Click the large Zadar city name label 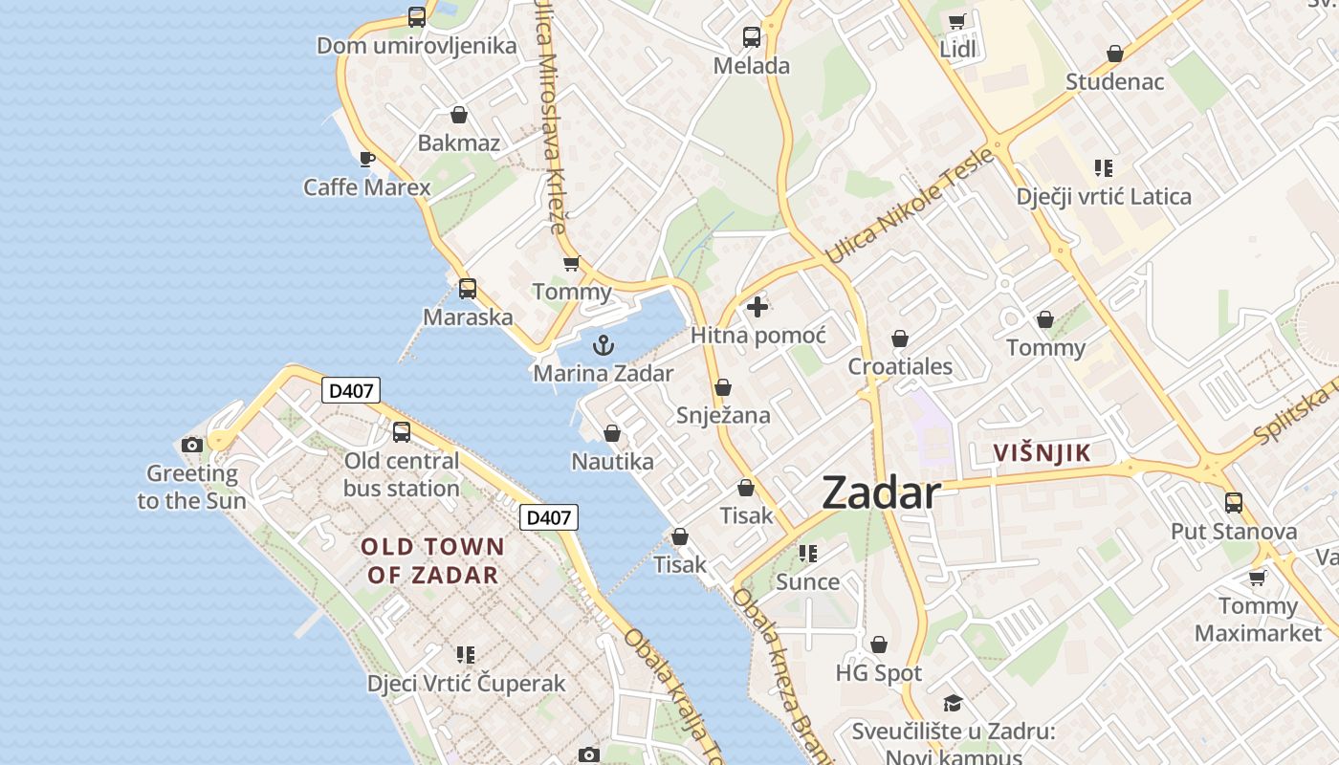[881, 492]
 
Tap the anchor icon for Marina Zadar [603, 345]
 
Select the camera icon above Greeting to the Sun [192, 445]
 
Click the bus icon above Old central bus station [402, 432]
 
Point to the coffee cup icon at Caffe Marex [366, 159]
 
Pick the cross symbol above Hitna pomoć [757, 307]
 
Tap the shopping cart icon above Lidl [956, 21]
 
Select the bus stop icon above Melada [752, 37]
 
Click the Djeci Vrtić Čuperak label [467, 684]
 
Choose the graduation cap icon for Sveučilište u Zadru [953, 704]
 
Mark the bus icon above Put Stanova [1234, 502]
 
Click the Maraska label [468, 317]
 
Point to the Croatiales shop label [900, 366]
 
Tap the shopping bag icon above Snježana [723, 387]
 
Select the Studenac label [1115, 81]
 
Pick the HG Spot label [878, 673]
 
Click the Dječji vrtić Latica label [1104, 197]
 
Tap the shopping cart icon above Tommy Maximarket [1257, 578]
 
